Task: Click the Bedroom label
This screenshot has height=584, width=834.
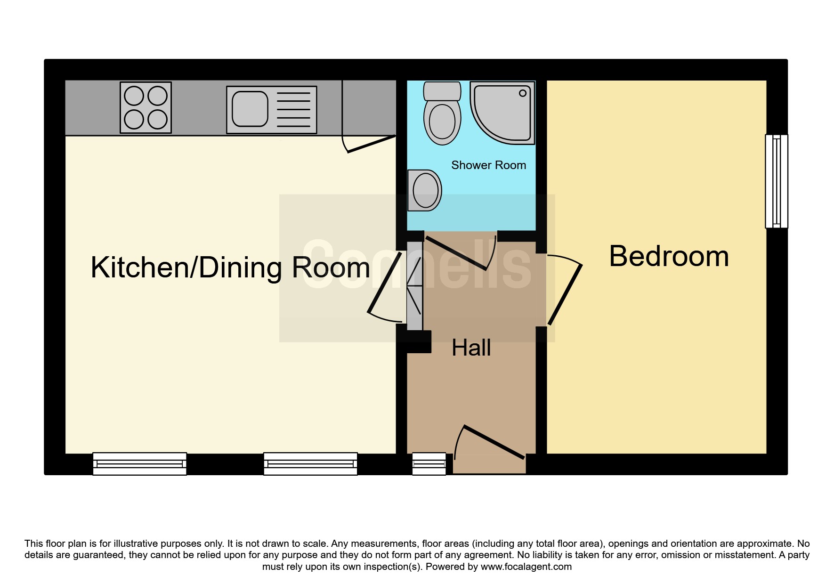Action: (669, 257)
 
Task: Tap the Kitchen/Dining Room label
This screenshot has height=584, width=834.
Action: (230, 268)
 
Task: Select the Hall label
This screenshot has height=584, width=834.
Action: (471, 348)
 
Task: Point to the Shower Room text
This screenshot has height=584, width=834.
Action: (488, 165)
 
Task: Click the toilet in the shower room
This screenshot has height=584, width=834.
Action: (442, 114)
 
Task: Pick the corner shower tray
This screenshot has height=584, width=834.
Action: (502, 113)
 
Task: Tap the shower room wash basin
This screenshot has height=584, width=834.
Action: (424, 190)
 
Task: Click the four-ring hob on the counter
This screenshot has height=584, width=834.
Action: (146, 107)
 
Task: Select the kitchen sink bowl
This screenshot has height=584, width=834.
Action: (250, 109)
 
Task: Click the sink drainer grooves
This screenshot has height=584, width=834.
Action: (293, 110)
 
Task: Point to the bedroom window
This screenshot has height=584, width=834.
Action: (777, 181)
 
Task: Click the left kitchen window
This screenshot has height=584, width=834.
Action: (140, 464)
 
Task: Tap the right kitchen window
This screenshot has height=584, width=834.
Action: (310, 464)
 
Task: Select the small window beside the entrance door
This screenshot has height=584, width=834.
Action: (429, 464)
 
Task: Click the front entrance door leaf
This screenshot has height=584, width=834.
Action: (494, 442)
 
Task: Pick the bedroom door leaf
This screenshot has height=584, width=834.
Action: (565, 295)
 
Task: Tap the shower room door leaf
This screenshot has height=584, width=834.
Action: (456, 253)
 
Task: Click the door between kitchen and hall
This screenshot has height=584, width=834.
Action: (385, 283)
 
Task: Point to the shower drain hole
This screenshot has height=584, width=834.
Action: (523, 93)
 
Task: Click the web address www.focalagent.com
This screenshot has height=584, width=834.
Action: (526, 567)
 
